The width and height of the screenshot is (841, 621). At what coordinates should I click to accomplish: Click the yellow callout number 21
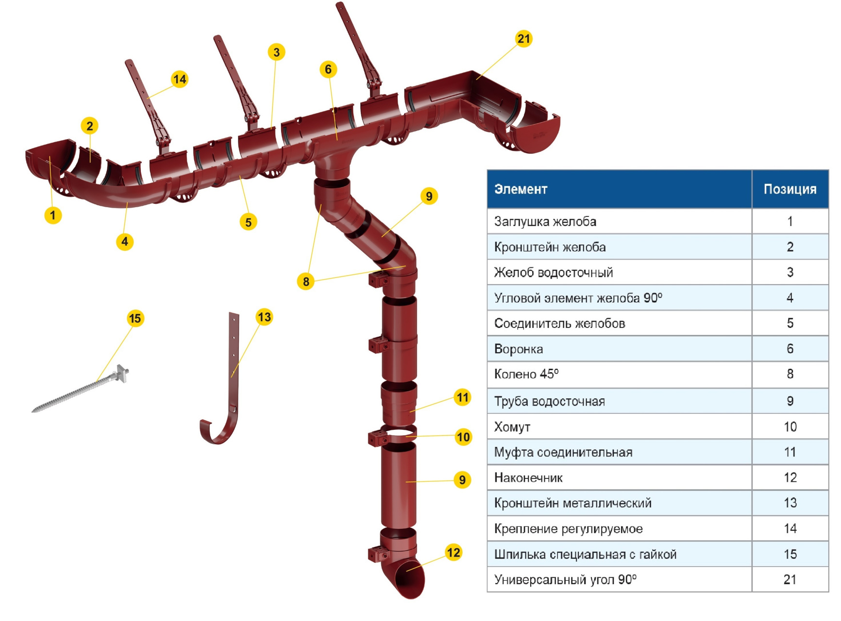[x=523, y=38]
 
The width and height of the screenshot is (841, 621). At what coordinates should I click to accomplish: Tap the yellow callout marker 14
[x=179, y=79]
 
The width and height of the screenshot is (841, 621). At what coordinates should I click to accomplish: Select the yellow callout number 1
[x=53, y=214]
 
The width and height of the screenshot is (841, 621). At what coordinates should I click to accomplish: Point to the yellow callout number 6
[x=328, y=69]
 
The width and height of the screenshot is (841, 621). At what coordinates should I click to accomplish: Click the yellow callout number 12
[x=453, y=552]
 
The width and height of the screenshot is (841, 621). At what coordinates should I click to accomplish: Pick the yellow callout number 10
[x=463, y=437]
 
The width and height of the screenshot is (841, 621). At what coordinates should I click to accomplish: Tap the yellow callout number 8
[x=305, y=281]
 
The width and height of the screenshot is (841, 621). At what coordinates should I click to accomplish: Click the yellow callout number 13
[x=264, y=317]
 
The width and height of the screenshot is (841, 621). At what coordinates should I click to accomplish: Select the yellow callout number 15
[x=135, y=318]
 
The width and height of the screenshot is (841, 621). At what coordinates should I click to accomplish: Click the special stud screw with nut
[x=83, y=391]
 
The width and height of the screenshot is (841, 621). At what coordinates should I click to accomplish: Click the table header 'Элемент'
[x=521, y=189]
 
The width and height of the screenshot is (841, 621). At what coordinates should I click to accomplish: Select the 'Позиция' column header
[x=790, y=189]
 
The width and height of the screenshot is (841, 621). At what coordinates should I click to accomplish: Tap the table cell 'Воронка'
[x=519, y=349]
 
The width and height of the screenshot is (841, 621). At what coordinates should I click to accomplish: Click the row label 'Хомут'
[x=512, y=427]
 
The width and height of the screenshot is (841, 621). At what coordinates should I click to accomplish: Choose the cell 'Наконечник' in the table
[x=528, y=478]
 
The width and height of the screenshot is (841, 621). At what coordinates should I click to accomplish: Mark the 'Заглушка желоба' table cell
[x=545, y=222]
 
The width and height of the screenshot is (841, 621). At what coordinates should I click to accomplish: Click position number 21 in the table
[x=790, y=579]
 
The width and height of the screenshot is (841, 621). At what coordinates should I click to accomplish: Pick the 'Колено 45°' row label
[x=526, y=374]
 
